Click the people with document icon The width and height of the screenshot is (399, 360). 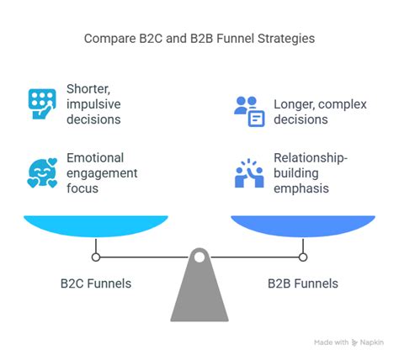[247, 109]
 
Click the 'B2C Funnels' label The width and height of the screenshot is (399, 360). [96, 283]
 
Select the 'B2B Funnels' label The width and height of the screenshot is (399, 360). [303, 283]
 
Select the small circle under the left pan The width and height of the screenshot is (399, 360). [96, 257]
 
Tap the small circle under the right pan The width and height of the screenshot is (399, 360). [303, 257]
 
